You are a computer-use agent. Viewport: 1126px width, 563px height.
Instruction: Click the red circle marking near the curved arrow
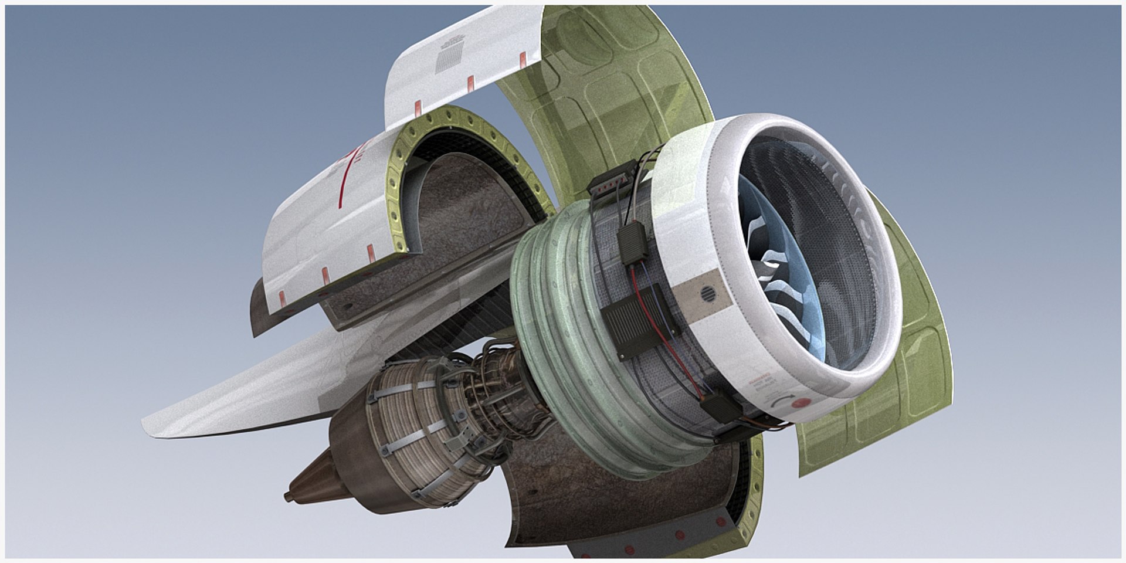[800, 404]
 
